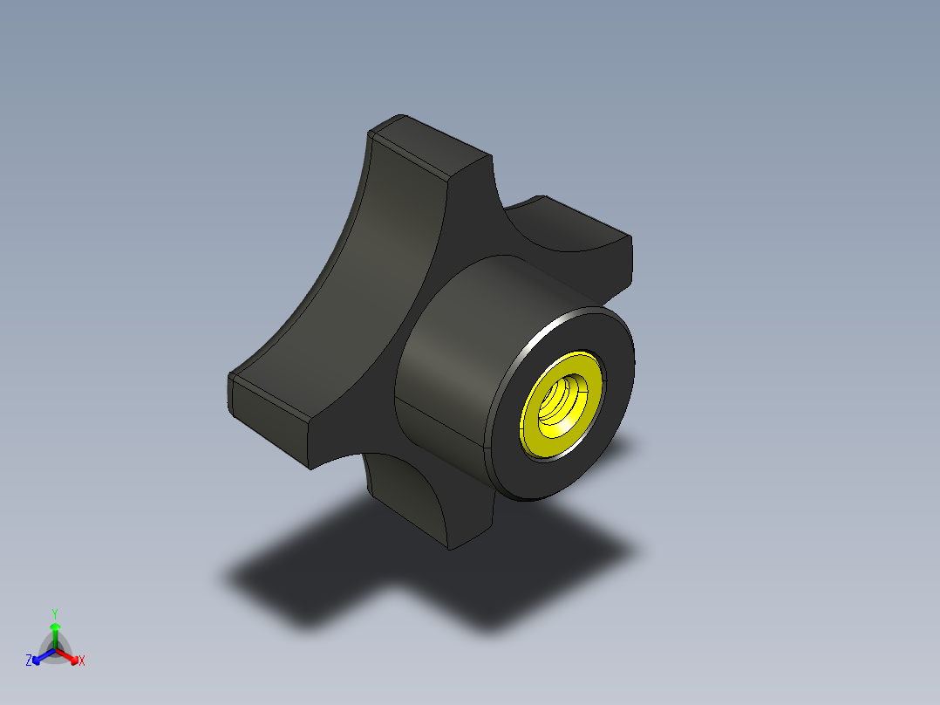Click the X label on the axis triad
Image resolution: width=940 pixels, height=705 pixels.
click(82, 661)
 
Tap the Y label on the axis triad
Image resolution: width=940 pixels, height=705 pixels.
click(54, 613)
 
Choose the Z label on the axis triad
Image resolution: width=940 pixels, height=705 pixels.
click(29, 661)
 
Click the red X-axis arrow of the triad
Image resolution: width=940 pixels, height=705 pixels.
click(70, 656)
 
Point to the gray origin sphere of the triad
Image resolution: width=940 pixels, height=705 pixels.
click(55, 651)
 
